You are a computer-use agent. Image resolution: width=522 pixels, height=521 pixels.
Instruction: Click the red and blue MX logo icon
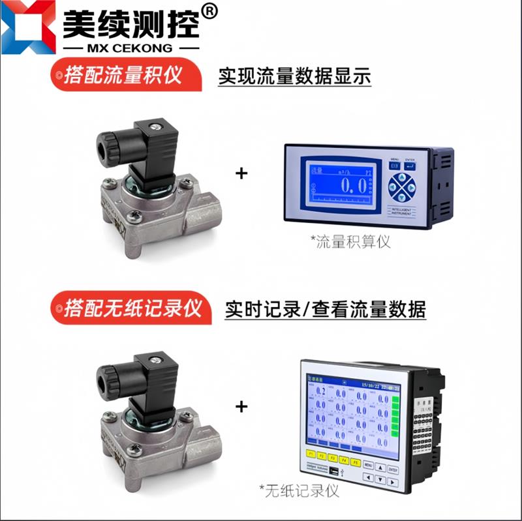[27, 27]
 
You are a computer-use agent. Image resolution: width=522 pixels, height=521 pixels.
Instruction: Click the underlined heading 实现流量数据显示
[294, 76]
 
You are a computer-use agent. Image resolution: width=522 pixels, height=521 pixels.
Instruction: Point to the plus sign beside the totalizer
[241, 173]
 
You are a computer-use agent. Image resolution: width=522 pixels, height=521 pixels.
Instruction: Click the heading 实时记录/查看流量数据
[325, 308]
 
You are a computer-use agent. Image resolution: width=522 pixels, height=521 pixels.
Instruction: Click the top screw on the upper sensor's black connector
[155, 125]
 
